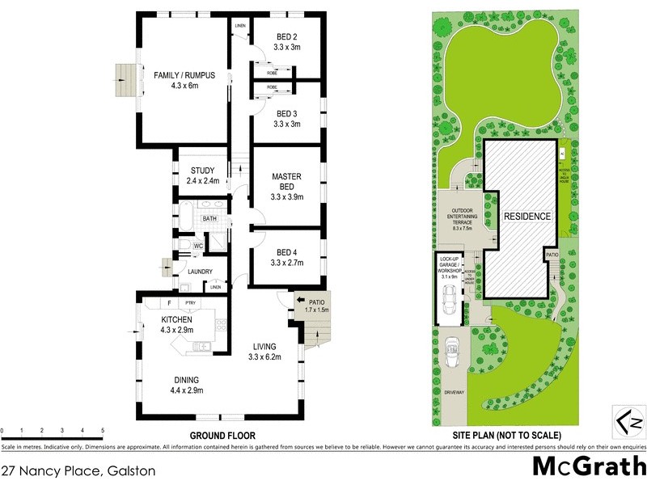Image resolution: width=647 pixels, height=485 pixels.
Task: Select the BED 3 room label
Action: point(287,113)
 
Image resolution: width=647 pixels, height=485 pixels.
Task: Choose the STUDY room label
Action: point(202,170)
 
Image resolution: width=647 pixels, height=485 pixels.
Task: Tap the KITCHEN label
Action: point(175,320)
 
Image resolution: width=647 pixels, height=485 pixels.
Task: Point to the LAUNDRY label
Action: point(200,272)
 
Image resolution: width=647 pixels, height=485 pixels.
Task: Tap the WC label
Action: point(197,245)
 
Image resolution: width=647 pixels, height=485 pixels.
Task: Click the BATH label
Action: point(209,218)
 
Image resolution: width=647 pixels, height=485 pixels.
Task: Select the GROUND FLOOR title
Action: point(222,436)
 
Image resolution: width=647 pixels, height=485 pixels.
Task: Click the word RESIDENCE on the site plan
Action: point(527,217)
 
